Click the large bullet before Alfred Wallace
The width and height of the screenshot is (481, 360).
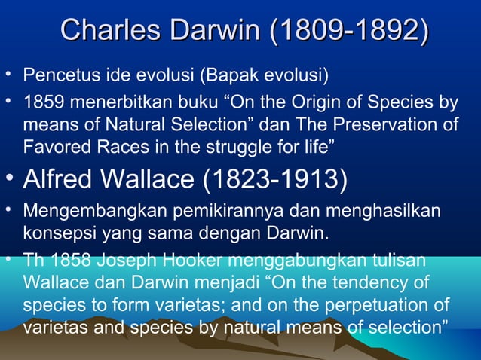click(9, 178)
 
